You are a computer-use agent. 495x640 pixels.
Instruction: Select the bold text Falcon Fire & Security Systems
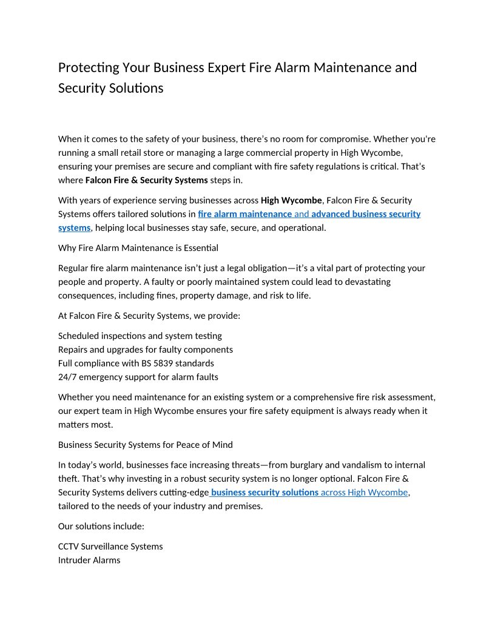147,180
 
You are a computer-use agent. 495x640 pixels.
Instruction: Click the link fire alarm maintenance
244,214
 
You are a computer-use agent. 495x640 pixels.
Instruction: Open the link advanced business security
366,214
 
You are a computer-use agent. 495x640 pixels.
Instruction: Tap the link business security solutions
265,493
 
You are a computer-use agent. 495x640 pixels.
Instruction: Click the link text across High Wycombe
365,493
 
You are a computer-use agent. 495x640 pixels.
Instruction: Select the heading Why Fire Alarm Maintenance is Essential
138,248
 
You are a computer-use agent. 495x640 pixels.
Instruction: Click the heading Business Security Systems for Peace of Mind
145,445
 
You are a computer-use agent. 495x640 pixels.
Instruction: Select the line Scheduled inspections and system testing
140,336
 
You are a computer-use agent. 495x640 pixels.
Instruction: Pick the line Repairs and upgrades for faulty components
146,350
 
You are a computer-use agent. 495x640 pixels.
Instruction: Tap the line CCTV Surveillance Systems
110,547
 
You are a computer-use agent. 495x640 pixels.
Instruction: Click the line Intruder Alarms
89,561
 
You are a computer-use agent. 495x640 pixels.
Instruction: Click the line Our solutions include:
101,526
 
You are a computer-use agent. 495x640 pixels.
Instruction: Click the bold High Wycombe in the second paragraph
291,200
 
